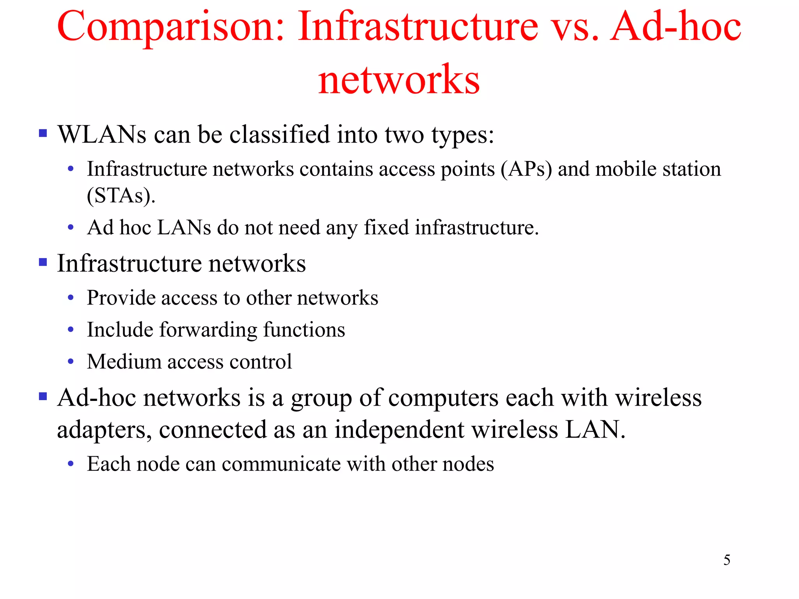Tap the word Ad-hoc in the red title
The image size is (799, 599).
coord(675,27)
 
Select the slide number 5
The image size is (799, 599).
coord(727,560)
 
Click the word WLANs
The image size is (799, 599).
coord(102,135)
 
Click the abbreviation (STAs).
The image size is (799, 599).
coord(121,196)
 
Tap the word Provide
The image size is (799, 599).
coord(121,298)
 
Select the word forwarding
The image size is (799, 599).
coord(208,330)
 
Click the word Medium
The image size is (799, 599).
coord(124,362)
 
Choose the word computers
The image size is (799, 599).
coord(444,398)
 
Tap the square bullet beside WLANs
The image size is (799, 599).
coord(43,134)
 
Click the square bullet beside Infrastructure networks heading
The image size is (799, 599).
coord(43,262)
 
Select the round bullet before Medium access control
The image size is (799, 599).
coord(71,362)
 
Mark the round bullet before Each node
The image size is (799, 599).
coord(71,464)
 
